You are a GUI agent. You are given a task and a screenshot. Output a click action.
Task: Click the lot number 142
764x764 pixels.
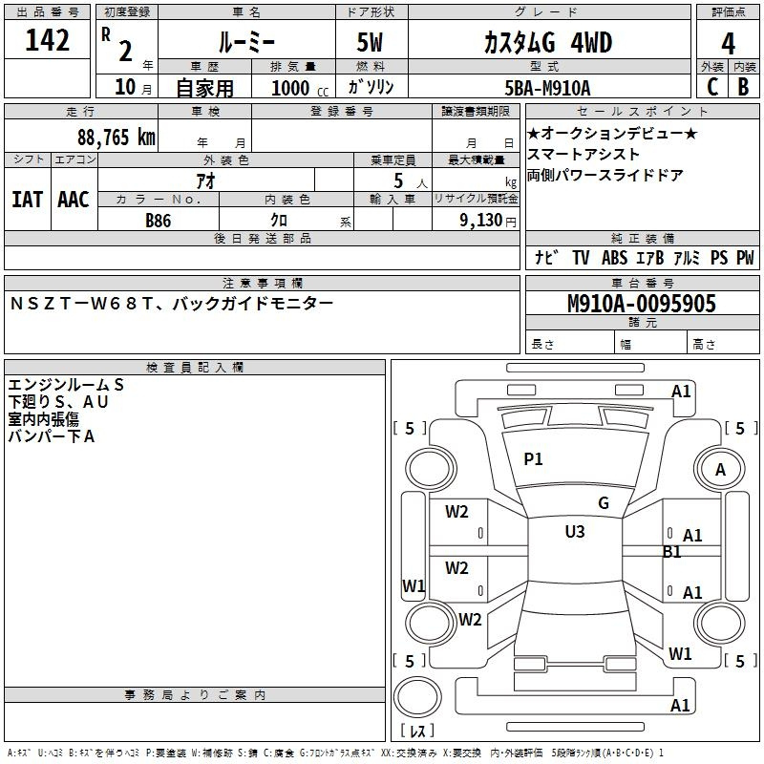[x=48, y=41]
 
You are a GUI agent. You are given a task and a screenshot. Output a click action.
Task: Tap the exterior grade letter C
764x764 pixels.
[x=711, y=87]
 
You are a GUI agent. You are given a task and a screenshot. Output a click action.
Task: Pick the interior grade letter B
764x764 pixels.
[x=743, y=87]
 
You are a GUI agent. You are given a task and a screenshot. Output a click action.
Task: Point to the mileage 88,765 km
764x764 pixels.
[x=116, y=137]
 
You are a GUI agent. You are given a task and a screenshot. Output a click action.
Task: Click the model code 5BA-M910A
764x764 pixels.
[x=547, y=88]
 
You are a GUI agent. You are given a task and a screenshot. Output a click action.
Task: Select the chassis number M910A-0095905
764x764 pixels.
[x=641, y=305]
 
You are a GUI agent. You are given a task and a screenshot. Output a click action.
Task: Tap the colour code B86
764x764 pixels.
[x=158, y=220]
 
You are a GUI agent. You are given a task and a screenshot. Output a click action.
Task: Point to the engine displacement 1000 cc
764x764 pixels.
[x=297, y=88]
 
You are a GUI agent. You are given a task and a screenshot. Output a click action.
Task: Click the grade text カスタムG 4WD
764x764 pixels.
[x=547, y=43]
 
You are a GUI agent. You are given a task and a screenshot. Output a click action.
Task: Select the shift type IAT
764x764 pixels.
[x=27, y=200]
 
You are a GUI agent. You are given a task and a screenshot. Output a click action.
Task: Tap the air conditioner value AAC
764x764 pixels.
[x=73, y=200]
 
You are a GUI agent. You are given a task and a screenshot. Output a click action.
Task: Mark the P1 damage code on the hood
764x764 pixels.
[x=533, y=459]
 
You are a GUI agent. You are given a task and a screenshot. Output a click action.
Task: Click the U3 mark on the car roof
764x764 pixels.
[x=574, y=532]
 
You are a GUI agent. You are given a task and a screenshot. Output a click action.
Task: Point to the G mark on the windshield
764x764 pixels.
[x=603, y=503]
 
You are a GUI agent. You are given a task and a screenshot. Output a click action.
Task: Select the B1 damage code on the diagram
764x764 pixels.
[x=672, y=552]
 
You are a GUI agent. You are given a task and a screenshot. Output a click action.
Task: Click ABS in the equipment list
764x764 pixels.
[x=614, y=258]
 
